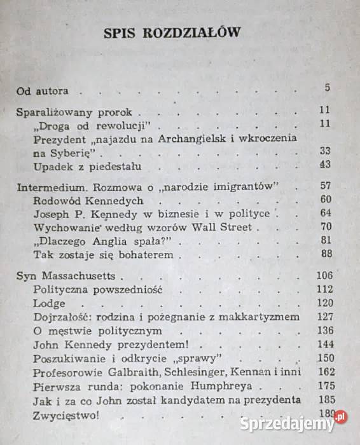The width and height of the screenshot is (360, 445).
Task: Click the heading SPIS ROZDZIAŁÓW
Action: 172,33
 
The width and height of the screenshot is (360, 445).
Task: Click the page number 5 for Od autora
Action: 327,88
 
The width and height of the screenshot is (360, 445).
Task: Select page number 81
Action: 324,240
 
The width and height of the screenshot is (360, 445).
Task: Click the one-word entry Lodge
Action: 49,303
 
